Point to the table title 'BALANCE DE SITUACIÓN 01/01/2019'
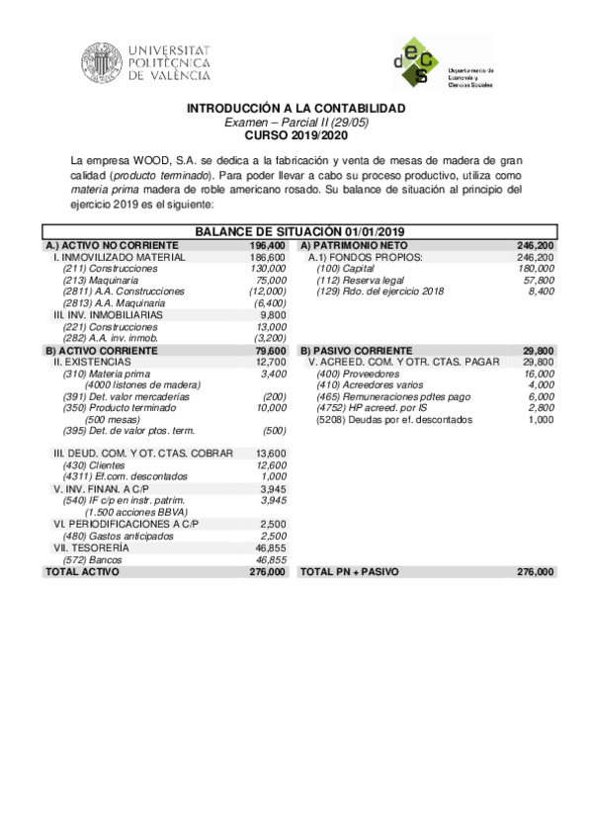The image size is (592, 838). (x=296, y=231)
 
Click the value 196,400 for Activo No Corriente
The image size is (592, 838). (x=268, y=244)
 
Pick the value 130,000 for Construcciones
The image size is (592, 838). (x=268, y=269)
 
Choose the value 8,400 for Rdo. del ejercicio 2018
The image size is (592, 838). (x=542, y=293)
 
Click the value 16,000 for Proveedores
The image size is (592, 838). (x=539, y=375)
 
